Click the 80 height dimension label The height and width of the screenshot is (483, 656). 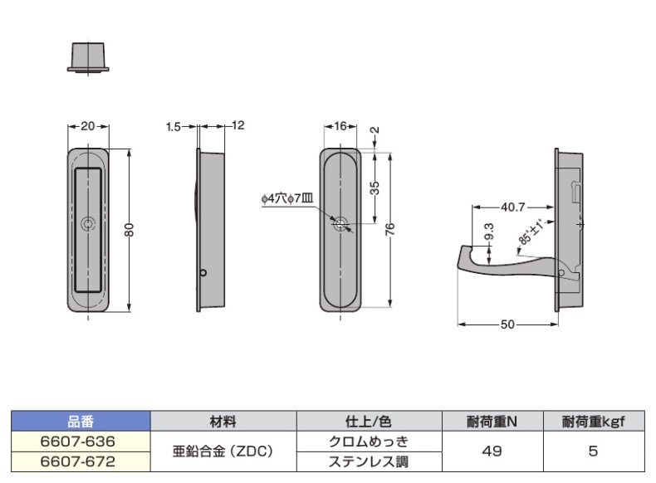[130, 230]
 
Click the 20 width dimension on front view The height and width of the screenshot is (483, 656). [89, 126]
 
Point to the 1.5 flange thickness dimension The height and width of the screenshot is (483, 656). [173, 126]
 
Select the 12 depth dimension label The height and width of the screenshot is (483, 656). [238, 126]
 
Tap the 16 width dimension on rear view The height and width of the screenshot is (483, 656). [340, 126]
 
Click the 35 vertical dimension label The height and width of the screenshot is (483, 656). [375, 188]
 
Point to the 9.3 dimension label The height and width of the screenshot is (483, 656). [487, 233]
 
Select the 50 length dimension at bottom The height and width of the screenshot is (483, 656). [507, 324]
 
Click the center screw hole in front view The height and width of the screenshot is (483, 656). [89, 224]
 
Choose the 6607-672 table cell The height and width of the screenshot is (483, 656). [78, 458]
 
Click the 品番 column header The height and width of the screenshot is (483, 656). [81, 422]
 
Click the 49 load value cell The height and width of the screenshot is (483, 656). [492, 450]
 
